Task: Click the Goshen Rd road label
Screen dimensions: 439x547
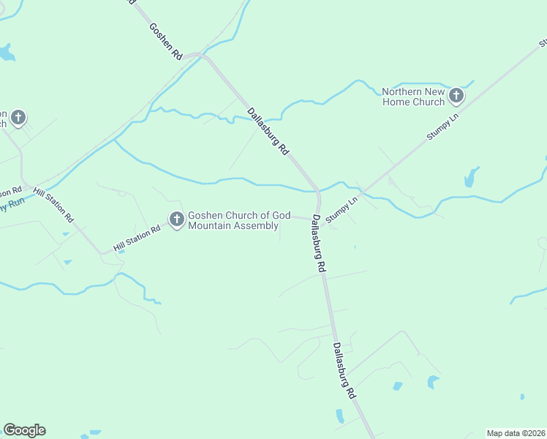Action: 165,41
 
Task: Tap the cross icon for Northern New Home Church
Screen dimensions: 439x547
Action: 456,95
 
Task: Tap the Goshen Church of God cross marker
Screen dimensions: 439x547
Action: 176,219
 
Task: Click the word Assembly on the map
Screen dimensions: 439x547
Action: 257,226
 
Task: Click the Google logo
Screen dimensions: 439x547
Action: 24,430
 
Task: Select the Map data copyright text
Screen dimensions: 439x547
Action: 516,433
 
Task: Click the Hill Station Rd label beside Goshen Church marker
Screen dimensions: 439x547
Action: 136,240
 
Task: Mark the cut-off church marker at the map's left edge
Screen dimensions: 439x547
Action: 18,117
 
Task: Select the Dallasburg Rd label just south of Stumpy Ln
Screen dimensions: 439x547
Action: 317,244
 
